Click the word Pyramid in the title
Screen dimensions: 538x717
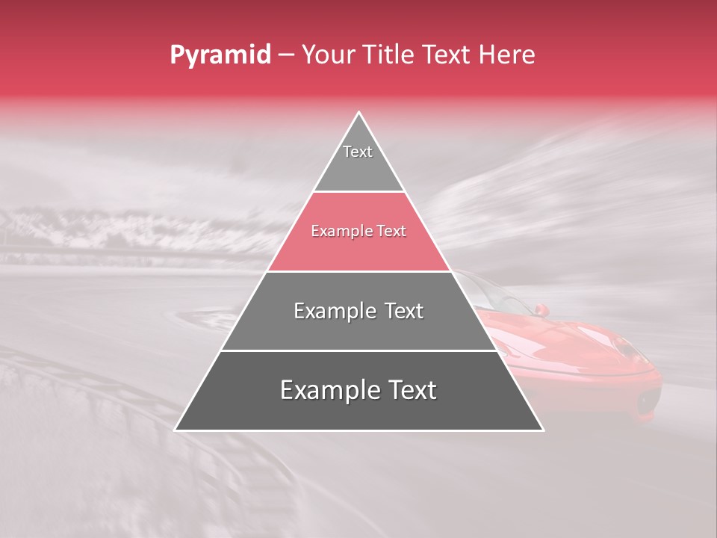click(x=220, y=55)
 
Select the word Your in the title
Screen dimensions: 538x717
click(x=329, y=55)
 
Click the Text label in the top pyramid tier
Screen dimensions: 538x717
click(x=358, y=152)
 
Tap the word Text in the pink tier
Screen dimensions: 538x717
click(x=391, y=232)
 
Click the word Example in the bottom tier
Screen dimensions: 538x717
click(x=330, y=390)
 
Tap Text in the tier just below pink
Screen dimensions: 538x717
click(x=404, y=311)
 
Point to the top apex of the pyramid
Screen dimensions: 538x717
click(x=359, y=112)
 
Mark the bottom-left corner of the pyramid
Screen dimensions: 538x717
click(x=176, y=430)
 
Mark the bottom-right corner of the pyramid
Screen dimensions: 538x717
click(x=543, y=430)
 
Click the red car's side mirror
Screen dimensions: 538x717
click(x=541, y=309)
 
